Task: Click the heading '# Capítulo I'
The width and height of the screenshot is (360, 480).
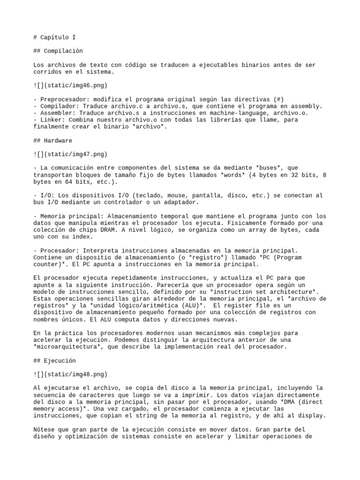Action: [55, 37]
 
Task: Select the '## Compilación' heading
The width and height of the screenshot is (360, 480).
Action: [58, 51]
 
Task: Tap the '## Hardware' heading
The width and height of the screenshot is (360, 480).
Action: [53, 140]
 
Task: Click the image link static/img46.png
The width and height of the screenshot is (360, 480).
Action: [70, 85]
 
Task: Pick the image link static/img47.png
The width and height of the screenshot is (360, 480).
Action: [70, 154]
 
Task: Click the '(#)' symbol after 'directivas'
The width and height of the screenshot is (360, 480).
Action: [278, 99]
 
